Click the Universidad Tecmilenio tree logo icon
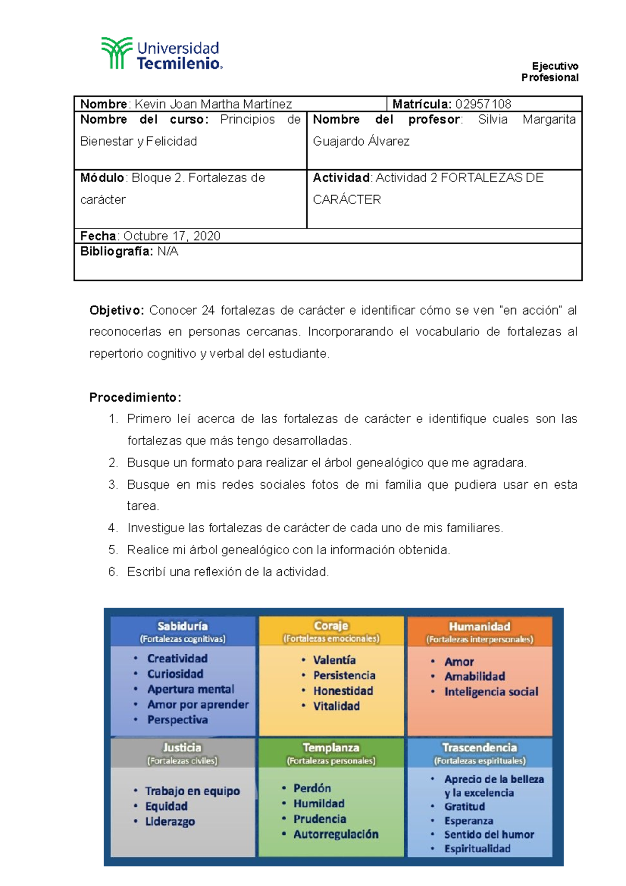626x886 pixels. point(116,53)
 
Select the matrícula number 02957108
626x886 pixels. point(483,104)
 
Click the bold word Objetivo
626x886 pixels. point(116,310)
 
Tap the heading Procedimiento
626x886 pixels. point(135,398)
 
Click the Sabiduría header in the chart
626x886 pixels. point(183,626)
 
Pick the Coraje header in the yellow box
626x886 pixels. point(331,626)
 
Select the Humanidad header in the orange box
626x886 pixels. point(479,626)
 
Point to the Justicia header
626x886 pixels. point(182,747)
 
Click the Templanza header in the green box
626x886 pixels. point(331,748)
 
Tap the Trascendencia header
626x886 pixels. point(479,748)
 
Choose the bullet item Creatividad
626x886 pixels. point(177,658)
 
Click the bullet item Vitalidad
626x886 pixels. point(336,706)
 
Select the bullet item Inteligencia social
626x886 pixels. point(491,692)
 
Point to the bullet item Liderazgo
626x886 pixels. point(170,822)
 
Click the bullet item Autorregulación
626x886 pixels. point(336,834)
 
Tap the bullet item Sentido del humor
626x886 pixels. point(489,834)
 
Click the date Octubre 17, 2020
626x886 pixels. point(172,236)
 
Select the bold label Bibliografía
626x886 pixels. point(116,252)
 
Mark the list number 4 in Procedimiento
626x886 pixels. point(113,528)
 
